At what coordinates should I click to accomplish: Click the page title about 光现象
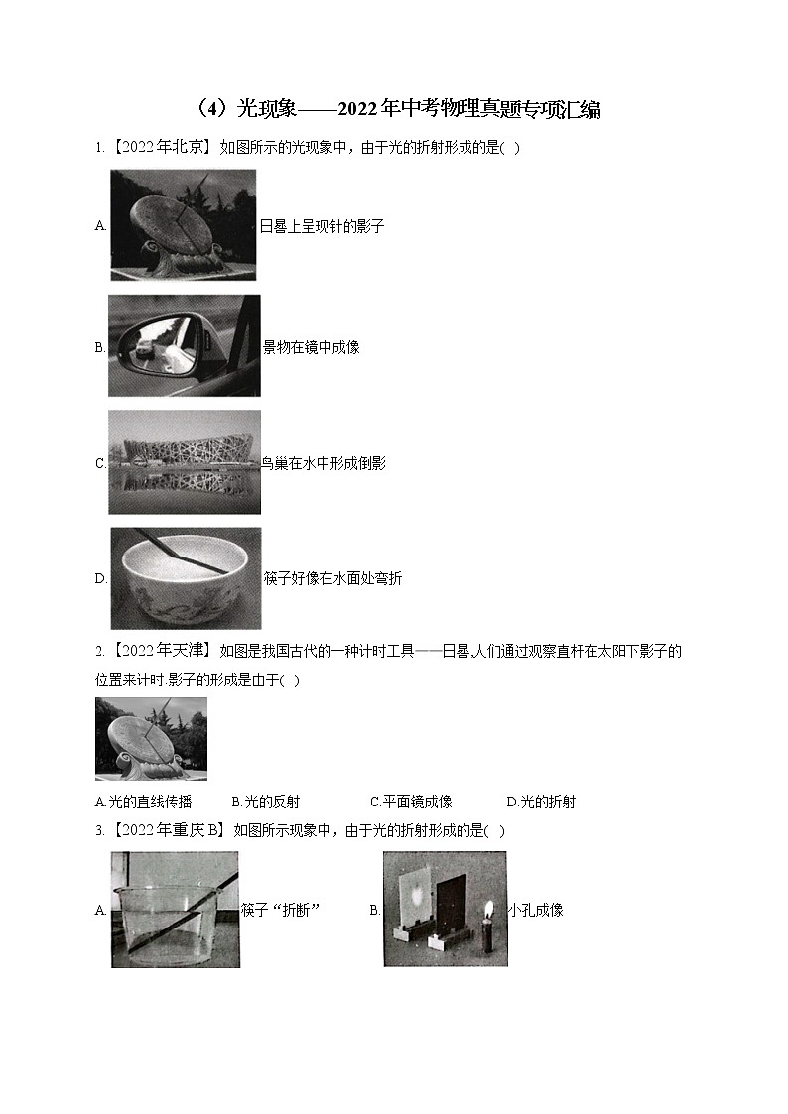[398, 109]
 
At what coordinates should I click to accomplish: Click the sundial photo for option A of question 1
[184, 224]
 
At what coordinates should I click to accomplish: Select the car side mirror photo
[185, 345]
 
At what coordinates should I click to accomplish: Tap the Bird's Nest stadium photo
[185, 462]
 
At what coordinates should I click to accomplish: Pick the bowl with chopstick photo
[187, 577]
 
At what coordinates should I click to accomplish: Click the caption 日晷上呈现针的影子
[322, 226]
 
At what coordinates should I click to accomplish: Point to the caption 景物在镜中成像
[312, 347]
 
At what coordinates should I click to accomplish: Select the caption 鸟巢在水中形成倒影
[324, 464]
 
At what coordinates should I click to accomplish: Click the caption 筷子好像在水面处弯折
[332, 579]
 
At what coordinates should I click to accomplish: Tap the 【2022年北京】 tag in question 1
[162, 148]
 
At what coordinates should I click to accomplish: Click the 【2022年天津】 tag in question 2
[162, 651]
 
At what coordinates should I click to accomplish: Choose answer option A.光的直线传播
[144, 803]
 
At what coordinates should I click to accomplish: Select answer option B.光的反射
[266, 803]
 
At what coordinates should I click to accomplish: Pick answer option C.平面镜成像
[412, 803]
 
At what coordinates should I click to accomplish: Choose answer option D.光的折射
[541, 803]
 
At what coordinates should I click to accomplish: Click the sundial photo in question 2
[151, 739]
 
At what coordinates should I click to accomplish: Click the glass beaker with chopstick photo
[176, 910]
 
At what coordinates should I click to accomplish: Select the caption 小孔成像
[535, 910]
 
